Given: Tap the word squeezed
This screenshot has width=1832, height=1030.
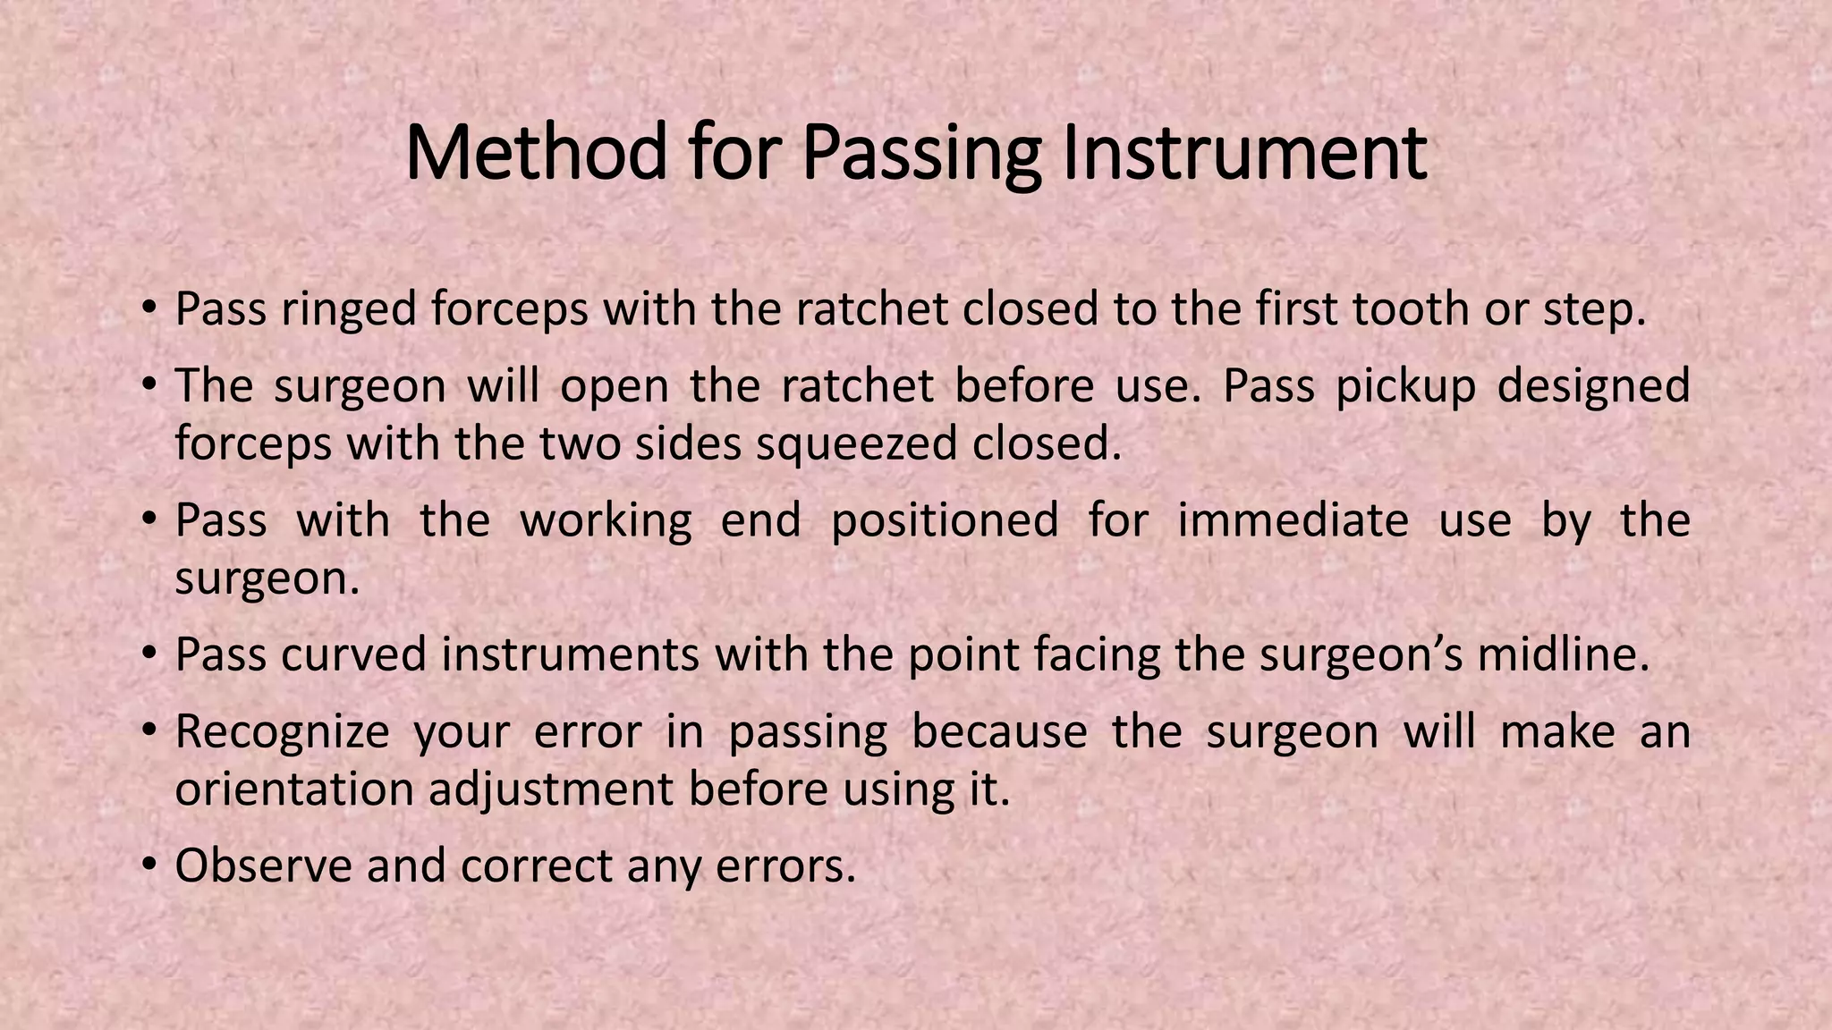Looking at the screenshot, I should [x=856, y=443].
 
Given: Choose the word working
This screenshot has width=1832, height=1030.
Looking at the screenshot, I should [x=606, y=520].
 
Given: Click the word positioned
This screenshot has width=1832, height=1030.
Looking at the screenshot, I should [x=945, y=520].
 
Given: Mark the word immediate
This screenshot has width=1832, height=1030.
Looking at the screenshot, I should [x=1293, y=520].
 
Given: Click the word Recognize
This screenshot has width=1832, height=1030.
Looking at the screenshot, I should [x=282, y=731].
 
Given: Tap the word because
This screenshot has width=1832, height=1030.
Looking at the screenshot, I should [x=999, y=731].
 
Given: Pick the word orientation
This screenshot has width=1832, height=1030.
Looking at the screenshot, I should [x=294, y=789].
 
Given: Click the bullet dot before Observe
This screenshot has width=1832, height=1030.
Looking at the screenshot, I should [x=149, y=865].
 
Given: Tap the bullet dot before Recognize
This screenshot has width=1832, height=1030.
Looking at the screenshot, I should [x=149, y=731].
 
